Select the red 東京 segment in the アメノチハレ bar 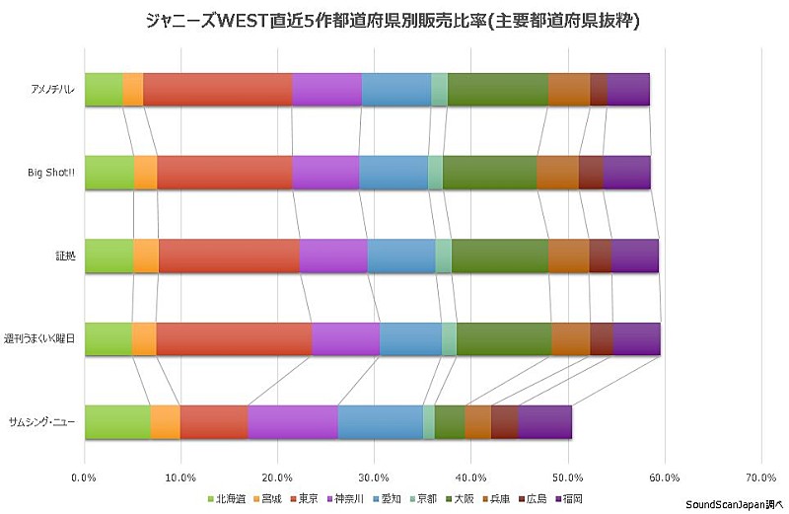pos(218,89)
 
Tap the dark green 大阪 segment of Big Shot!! pos(489,172)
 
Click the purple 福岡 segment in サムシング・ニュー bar pos(544,421)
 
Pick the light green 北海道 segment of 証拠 pos(108,255)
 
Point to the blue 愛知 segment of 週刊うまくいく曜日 pos(410,338)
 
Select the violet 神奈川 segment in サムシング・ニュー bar pos(293,421)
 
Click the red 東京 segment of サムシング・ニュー pos(214,421)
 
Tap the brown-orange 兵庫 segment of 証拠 pos(568,255)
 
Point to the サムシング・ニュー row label pos(43,422)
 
